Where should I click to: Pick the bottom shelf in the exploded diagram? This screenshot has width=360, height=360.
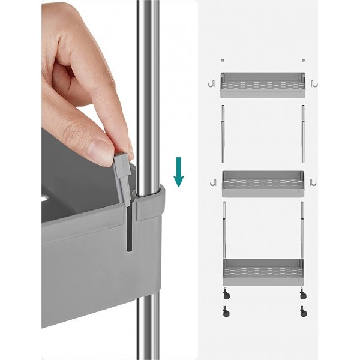pyautogui.click(x=263, y=272)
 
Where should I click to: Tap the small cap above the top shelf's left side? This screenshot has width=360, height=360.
pyautogui.click(x=223, y=60)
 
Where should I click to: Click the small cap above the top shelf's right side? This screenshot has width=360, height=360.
pyautogui.click(x=304, y=60)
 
